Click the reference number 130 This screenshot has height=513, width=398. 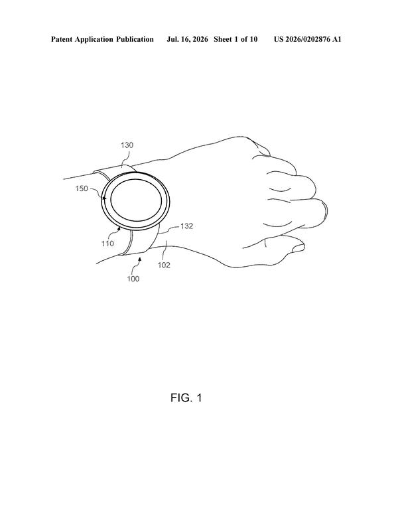click(x=127, y=145)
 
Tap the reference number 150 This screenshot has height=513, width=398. click(x=82, y=188)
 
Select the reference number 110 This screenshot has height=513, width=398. click(x=107, y=244)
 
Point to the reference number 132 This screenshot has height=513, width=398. click(x=187, y=226)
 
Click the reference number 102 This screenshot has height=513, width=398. click(x=164, y=265)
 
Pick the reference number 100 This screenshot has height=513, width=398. click(x=133, y=279)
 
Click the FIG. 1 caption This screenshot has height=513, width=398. click(x=186, y=398)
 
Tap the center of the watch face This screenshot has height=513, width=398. click(x=136, y=200)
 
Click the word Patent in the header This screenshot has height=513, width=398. click(x=62, y=39)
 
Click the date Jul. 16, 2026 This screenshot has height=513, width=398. click(x=187, y=39)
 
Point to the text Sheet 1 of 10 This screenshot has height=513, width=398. click(x=235, y=39)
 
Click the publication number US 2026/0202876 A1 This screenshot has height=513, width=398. click(x=307, y=39)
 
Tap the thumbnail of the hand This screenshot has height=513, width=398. click(x=298, y=249)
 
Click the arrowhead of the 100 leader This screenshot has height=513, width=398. click(x=140, y=259)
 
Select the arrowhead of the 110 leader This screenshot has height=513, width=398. click(x=119, y=229)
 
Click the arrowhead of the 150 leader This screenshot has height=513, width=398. click(x=105, y=198)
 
